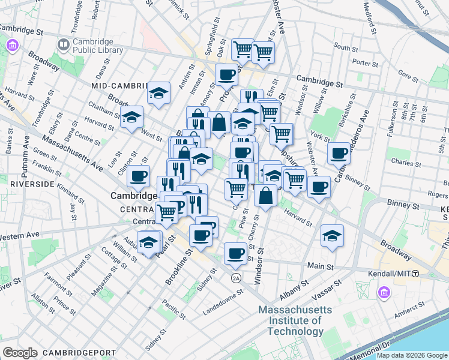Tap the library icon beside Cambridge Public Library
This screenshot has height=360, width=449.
coord(63,44)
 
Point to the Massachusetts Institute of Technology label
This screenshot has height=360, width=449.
coord(295,320)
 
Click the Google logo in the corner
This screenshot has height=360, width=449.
coord(20,352)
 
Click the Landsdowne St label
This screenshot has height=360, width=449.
coord(223,299)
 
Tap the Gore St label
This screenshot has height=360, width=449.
coord(408,76)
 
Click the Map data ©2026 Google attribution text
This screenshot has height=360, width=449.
coord(412,355)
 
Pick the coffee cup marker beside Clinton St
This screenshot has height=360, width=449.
coord(138,176)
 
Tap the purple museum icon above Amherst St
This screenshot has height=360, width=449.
coord(383,292)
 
